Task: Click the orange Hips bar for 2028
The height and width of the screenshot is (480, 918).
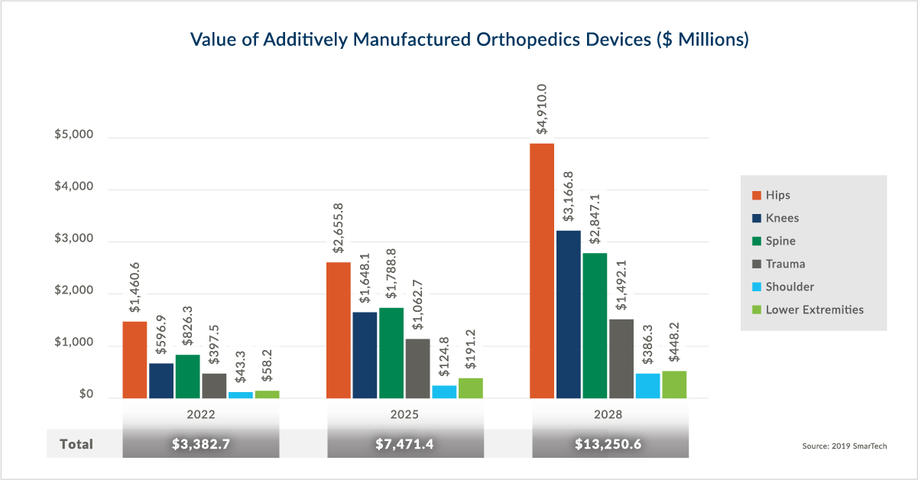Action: tap(542, 271)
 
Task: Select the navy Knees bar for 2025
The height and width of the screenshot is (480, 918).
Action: tap(365, 355)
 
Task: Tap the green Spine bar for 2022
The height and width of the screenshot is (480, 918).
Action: tap(187, 376)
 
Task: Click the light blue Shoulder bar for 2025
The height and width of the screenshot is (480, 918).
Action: tap(444, 391)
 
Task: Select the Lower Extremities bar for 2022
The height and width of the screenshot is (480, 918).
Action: tap(267, 394)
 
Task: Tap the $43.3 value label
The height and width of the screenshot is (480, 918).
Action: tap(241, 368)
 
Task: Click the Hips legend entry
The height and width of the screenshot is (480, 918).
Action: tap(777, 196)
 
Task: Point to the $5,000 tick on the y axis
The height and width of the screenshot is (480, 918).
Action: tap(73, 135)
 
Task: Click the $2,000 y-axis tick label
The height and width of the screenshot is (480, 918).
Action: tap(73, 291)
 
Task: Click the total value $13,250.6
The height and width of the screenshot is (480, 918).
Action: tap(609, 444)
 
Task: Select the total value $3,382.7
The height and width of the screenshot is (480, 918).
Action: tap(200, 444)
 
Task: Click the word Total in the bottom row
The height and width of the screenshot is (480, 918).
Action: tap(76, 444)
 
